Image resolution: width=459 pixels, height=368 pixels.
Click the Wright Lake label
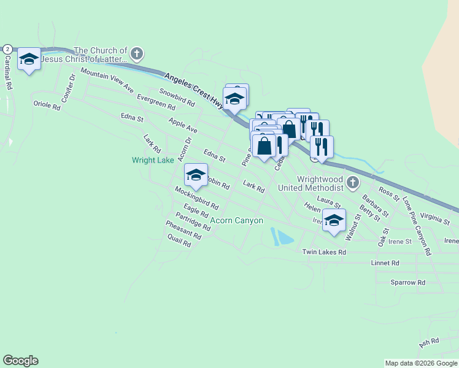153,161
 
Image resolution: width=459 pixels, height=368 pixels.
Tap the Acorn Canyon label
237,221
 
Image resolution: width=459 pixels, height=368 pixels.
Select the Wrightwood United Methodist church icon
353,182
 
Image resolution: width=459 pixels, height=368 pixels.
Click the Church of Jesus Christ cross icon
137,54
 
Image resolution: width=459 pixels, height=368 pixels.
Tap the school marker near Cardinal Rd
29,59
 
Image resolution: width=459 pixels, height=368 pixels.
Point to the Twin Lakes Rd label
324,252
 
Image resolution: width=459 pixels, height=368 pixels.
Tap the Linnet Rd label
385,263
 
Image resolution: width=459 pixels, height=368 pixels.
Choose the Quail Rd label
179,243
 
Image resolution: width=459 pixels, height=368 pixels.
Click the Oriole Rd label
47,106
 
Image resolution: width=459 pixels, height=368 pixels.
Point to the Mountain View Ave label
107,81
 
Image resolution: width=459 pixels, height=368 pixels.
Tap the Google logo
20,361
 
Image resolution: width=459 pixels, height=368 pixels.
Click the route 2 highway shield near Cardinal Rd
7,48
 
